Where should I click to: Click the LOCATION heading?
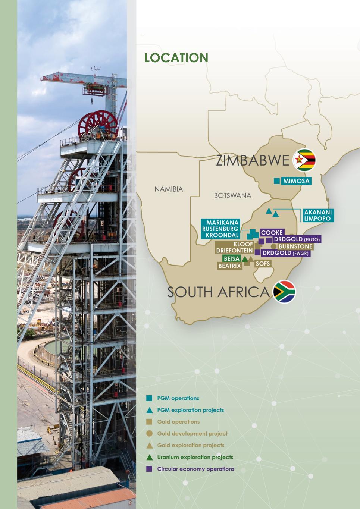[176, 58]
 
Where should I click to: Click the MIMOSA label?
[296, 181]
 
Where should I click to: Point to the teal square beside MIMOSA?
[276, 181]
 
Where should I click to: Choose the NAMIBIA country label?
[169, 189]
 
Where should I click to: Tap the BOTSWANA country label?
[232, 195]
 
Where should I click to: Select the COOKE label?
[272, 233]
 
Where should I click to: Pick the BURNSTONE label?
[295, 246]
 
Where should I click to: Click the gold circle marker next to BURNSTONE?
[273, 246]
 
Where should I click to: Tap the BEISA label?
[231, 258]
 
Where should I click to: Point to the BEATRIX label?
[229, 266]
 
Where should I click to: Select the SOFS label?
[262, 263]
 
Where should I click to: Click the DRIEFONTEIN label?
[234, 251]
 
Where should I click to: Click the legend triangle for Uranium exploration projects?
[149, 457]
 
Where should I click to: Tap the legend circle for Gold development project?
[149, 433]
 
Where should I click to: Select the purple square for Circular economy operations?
[149, 469]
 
